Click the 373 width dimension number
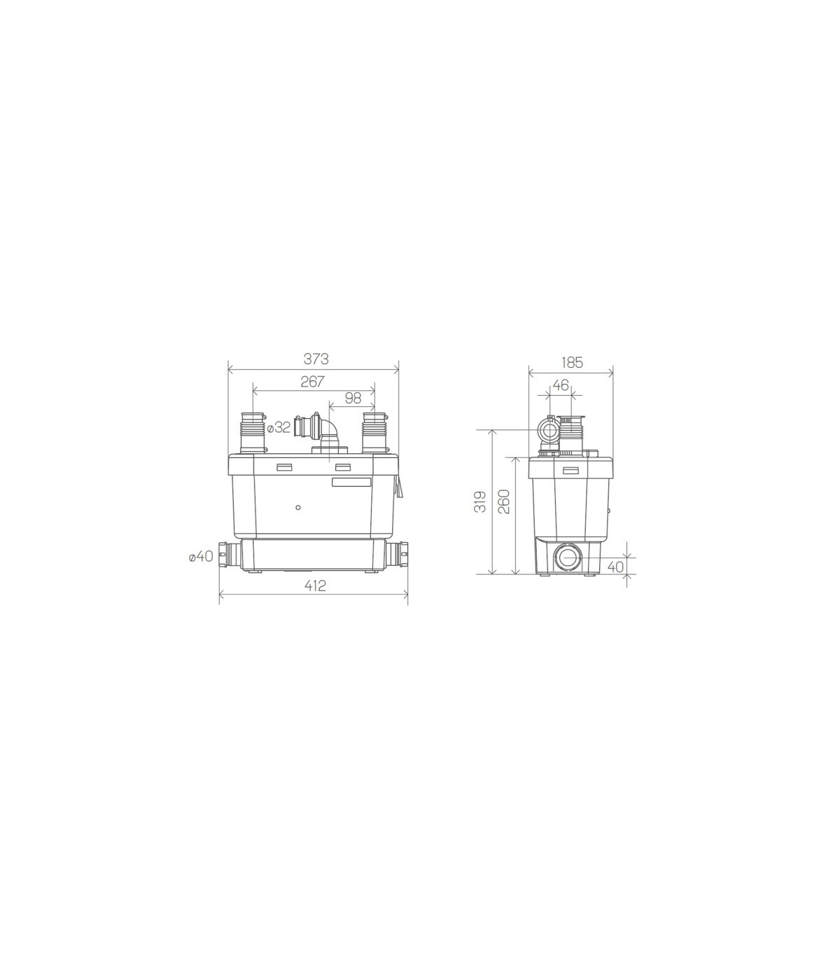click(316, 359)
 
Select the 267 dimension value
click(312, 382)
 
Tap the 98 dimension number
click(353, 398)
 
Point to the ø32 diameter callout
click(279, 428)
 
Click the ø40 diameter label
click(201, 557)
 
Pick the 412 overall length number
click(316, 586)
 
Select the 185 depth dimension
click(572, 363)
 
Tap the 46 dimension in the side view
click(561, 385)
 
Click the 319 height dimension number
click(480, 502)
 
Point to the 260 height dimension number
click(503, 502)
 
